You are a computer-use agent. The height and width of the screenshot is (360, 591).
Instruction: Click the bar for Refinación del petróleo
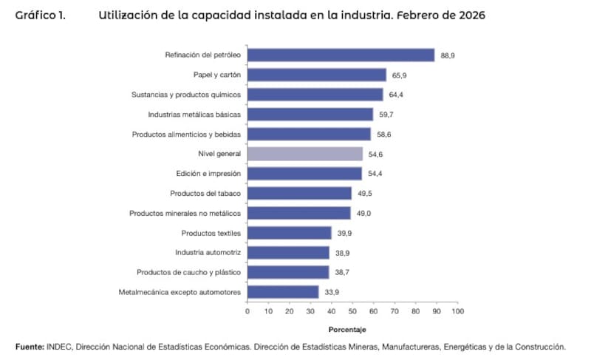341,55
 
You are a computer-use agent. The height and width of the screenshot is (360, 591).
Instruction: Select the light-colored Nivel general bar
305,154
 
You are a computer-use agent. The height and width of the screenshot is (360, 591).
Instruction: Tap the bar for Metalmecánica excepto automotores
283,292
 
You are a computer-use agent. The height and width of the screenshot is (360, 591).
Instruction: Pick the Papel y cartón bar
317,75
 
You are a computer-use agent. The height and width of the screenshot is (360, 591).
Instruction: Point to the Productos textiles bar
289,233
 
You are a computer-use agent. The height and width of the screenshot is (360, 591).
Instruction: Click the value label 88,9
447,55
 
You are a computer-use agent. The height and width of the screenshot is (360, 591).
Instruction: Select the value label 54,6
375,154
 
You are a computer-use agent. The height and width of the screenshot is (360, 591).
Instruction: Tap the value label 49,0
363,214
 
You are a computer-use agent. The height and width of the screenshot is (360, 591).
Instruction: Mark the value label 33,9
332,293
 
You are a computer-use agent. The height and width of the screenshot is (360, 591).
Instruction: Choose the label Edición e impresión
208,174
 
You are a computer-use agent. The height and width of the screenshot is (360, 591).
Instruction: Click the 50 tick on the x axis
352,311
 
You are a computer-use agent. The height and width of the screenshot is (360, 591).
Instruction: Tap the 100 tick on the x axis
458,311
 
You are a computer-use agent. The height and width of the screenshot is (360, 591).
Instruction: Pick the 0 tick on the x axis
247,311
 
